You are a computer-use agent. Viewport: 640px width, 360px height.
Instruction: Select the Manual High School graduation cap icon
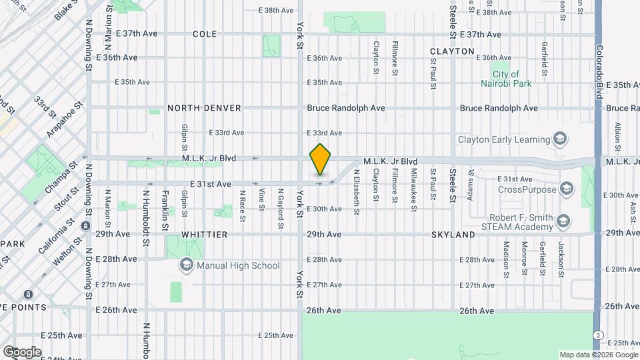(186, 265)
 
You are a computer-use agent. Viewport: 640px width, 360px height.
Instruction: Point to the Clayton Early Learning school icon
(560, 139)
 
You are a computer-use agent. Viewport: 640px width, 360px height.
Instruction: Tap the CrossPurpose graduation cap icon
(567, 189)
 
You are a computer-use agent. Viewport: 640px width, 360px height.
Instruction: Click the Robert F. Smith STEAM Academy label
(511, 222)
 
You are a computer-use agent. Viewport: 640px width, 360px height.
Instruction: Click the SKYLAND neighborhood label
(453, 235)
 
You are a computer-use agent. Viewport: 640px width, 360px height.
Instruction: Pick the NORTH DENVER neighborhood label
(204, 108)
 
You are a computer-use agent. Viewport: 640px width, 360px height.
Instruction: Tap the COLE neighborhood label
(205, 34)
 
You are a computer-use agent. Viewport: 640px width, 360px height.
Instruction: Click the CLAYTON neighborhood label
(452, 51)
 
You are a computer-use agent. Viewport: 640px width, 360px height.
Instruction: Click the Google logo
(22, 351)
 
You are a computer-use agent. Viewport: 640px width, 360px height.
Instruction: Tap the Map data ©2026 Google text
(597, 355)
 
